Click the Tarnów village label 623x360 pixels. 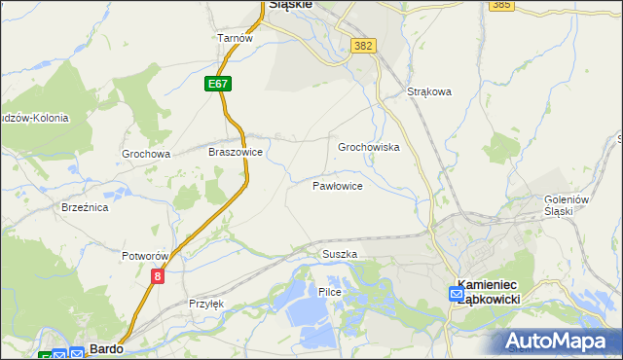click(235, 38)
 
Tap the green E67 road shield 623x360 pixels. click(218, 85)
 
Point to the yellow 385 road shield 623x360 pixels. click(502, 5)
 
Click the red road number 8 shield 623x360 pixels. click(158, 277)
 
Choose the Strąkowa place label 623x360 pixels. click(430, 93)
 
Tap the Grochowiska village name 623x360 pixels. click(369, 148)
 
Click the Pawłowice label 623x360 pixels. click(338, 185)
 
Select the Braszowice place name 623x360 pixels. click(236, 153)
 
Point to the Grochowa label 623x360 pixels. click(146, 154)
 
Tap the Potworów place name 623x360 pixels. click(146, 256)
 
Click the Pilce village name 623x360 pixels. click(328, 292)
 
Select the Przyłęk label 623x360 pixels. click(206, 304)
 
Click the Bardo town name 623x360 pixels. click(104, 347)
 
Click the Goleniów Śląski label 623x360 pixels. click(568, 206)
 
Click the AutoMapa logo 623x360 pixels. click(558, 341)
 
